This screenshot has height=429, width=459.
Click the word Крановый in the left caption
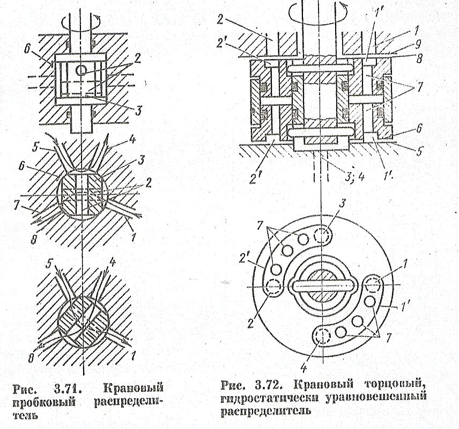coord(132,388)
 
